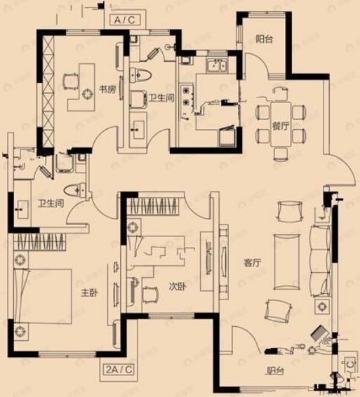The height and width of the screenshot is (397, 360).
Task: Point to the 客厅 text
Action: (x=252, y=263)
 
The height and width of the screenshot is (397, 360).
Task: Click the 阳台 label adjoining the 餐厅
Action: (x=264, y=39)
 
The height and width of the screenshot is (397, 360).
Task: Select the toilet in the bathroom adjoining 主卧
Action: (x=74, y=190)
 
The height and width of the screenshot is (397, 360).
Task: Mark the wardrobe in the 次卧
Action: (x=153, y=206)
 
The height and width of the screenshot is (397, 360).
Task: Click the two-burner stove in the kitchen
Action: (x=186, y=98)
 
